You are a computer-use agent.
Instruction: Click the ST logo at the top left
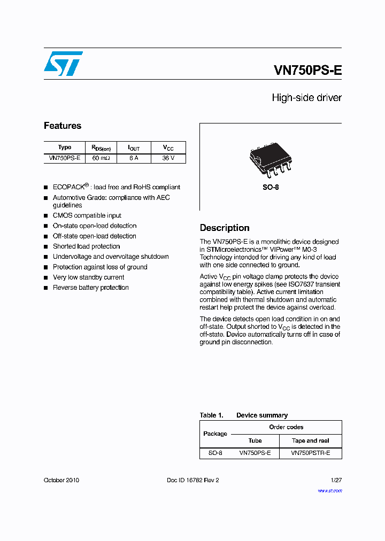coord(63,64)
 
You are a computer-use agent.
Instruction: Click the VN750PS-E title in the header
coord(307,70)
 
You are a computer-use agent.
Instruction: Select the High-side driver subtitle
coord(306,98)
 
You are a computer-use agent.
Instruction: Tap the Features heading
coord(63,126)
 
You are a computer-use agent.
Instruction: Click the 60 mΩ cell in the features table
coord(101,158)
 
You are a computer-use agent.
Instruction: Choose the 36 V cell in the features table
coord(168,158)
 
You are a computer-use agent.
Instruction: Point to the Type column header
coord(65,148)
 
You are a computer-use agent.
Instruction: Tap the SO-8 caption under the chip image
coord(271,188)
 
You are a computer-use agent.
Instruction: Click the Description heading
coord(225,228)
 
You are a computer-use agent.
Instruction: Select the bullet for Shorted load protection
coord(46,247)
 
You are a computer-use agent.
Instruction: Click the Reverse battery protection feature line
coord(90,288)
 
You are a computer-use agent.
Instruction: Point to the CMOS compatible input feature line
coord(87,215)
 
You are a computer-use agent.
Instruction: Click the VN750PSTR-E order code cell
coord(310,453)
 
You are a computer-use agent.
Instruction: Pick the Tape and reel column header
coord(310,440)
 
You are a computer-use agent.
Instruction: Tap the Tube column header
coord(255,440)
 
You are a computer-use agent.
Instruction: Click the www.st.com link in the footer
coord(329,490)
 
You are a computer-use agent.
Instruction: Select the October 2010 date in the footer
coord(61,480)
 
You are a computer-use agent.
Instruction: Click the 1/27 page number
coord(336,480)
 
